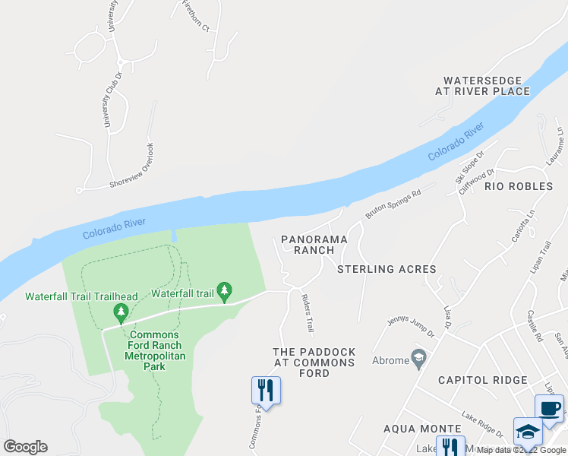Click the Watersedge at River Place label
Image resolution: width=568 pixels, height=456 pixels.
(x=482, y=86)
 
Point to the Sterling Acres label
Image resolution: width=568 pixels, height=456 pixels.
(x=387, y=269)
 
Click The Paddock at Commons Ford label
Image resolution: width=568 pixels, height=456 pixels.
(x=314, y=357)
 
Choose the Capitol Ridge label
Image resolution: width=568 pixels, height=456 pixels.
(x=482, y=380)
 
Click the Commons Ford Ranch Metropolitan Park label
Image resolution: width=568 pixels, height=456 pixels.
(x=154, y=350)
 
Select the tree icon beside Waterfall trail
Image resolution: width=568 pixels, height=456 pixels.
(x=224, y=291)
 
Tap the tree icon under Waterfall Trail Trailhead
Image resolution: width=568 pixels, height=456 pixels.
(x=120, y=312)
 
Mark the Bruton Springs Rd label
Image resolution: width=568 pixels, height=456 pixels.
(x=393, y=204)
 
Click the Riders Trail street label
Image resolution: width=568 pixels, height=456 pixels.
(x=308, y=313)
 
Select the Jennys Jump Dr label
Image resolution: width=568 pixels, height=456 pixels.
(x=411, y=328)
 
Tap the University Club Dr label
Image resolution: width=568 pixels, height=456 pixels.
(x=113, y=100)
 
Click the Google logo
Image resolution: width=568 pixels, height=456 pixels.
(x=25, y=447)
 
